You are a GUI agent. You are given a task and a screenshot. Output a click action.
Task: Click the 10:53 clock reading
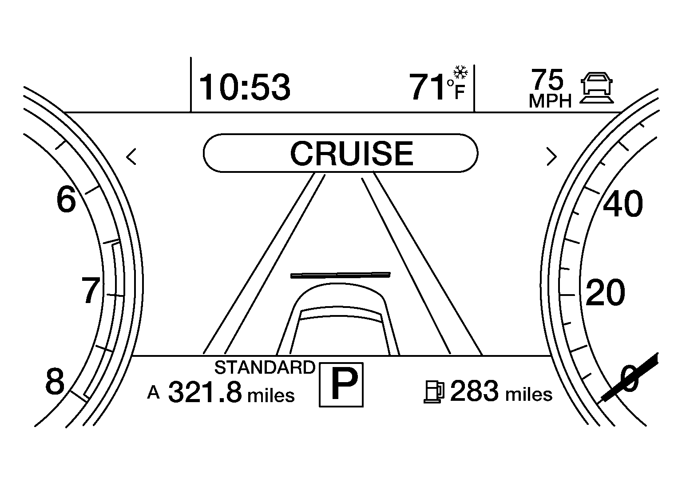click(x=245, y=87)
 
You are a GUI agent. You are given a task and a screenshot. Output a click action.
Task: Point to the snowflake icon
click(x=460, y=72)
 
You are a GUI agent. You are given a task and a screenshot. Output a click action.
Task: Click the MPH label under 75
click(x=550, y=101)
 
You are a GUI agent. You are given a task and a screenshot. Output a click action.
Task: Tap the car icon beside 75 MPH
click(x=596, y=88)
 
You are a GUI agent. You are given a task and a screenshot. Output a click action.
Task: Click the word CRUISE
click(x=352, y=153)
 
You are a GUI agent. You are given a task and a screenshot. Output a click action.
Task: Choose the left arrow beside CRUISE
click(x=131, y=157)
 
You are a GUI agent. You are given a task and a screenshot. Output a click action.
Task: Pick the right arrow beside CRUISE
click(x=552, y=156)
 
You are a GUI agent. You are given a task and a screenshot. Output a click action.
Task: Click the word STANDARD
click(x=265, y=367)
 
